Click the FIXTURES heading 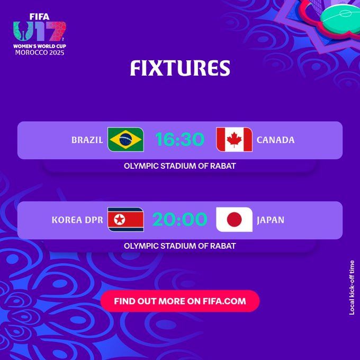[x=180, y=69]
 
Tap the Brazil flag [x=125, y=140]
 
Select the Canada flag [x=235, y=140]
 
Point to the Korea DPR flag [x=125, y=219]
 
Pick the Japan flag [x=235, y=219]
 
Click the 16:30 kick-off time [x=180, y=140]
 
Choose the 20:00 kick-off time [x=180, y=219]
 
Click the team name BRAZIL [x=87, y=140]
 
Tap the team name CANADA [x=275, y=140]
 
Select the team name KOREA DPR [x=77, y=220]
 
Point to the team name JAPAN [x=271, y=220]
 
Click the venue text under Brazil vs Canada [x=180, y=166]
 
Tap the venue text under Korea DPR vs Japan [x=180, y=246]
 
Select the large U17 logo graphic [x=40, y=33]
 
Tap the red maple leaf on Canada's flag [x=235, y=140]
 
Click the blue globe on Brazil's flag [x=125, y=140]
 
